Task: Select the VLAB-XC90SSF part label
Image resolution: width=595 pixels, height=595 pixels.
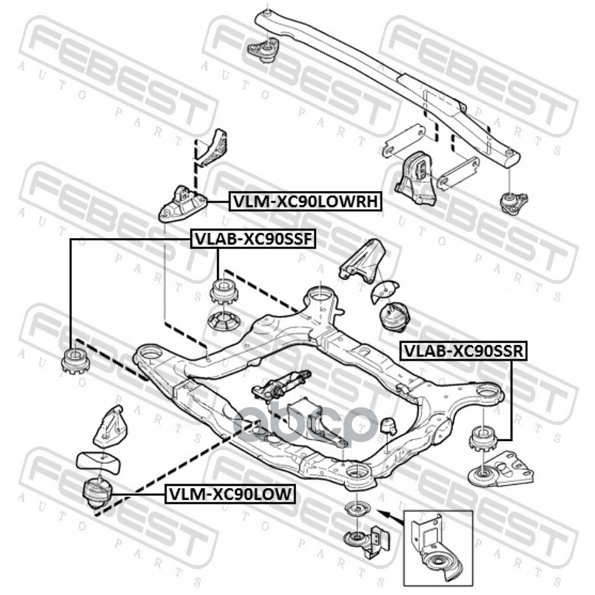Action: [x=254, y=239]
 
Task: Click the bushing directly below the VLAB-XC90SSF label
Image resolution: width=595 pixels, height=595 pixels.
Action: [x=223, y=291]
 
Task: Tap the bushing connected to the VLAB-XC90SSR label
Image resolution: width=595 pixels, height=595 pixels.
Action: [x=483, y=438]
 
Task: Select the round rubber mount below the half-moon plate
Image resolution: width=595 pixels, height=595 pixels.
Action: [x=394, y=315]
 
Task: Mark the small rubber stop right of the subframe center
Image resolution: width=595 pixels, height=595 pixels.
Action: [x=387, y=427]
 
